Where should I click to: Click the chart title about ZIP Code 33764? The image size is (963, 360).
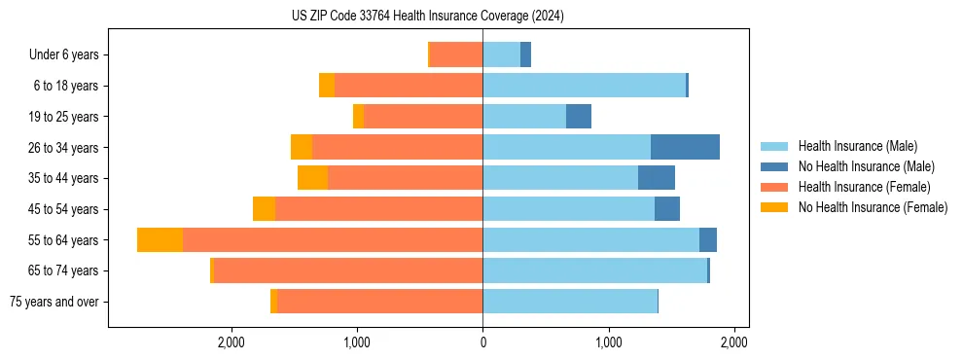[427, 17]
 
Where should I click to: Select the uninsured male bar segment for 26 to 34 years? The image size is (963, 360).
[685, 147]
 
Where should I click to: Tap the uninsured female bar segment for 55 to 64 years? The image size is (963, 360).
[160, 240]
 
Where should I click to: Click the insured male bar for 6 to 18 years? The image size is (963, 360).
[584, 86]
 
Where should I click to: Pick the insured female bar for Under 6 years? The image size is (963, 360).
[456, 54]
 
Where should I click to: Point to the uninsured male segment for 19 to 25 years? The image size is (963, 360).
[579, 117]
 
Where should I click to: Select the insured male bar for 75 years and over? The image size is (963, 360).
[570, 302]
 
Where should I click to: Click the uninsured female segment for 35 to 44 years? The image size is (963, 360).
[312, 178]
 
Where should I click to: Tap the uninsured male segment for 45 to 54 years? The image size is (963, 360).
[667, 209]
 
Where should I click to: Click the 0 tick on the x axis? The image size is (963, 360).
[482, 342]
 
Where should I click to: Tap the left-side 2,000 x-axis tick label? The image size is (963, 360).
[231, 342]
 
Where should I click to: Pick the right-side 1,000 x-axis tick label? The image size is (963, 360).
[608, 342]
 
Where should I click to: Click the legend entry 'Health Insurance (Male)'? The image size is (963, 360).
[857, 146]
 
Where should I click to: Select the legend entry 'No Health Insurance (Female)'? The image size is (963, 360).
[873, 207]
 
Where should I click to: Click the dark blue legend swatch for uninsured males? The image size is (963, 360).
[775, 166]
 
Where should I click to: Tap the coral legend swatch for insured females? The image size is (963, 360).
[775, 187]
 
